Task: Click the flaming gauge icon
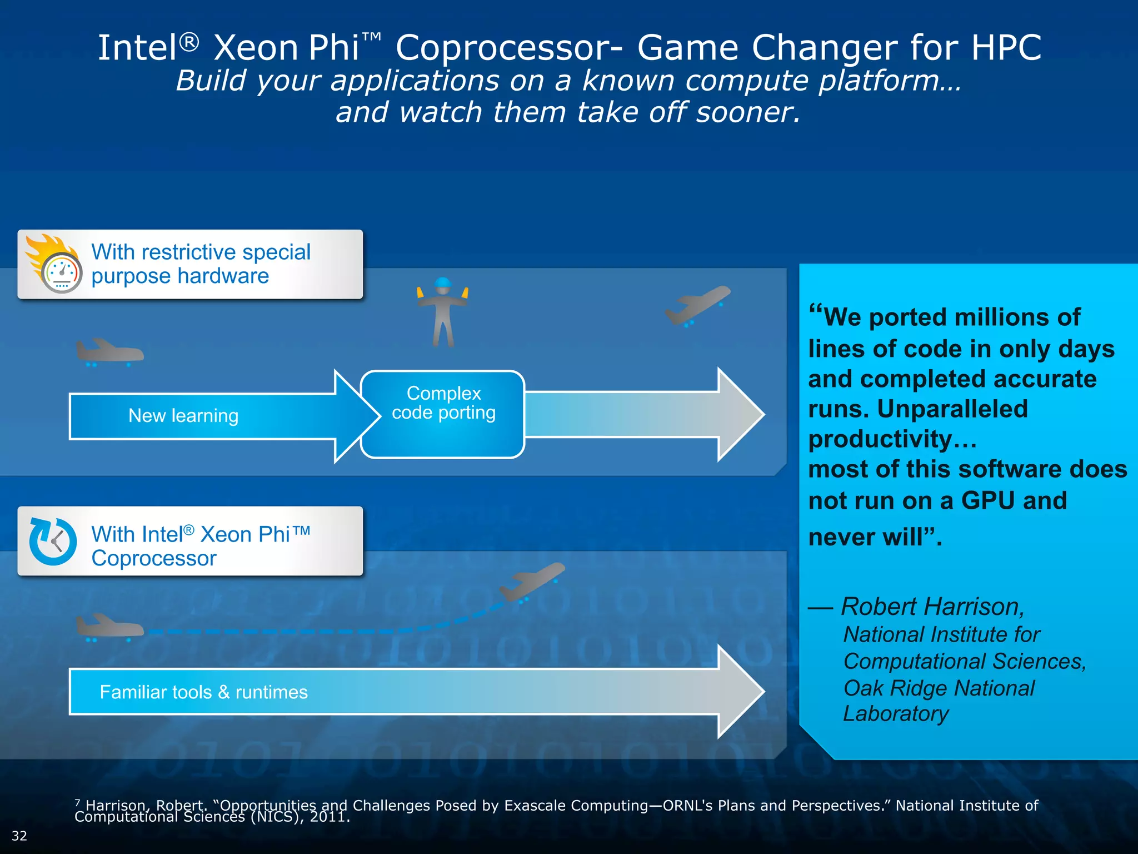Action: (x=56, y=265)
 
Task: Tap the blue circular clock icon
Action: (x=53, y=542)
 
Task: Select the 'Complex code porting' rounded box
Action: (x=443, y=414)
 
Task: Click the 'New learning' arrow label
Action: (x=183, y=416)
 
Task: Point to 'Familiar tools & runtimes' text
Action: (x=203, y=692)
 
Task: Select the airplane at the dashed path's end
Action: (x=532, y=582)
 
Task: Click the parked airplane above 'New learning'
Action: (x=109, y=351)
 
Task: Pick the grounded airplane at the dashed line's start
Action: (x=109, y=627)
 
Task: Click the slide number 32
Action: (x=19, y=836)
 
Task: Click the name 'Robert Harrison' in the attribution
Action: (x=932, y=607)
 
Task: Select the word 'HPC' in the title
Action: (x=1006, y=48)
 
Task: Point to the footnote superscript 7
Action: (x=77, y=802)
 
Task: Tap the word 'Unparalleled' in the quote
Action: (x=952, y=409)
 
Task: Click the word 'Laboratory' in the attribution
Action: (x=896, y=714)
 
